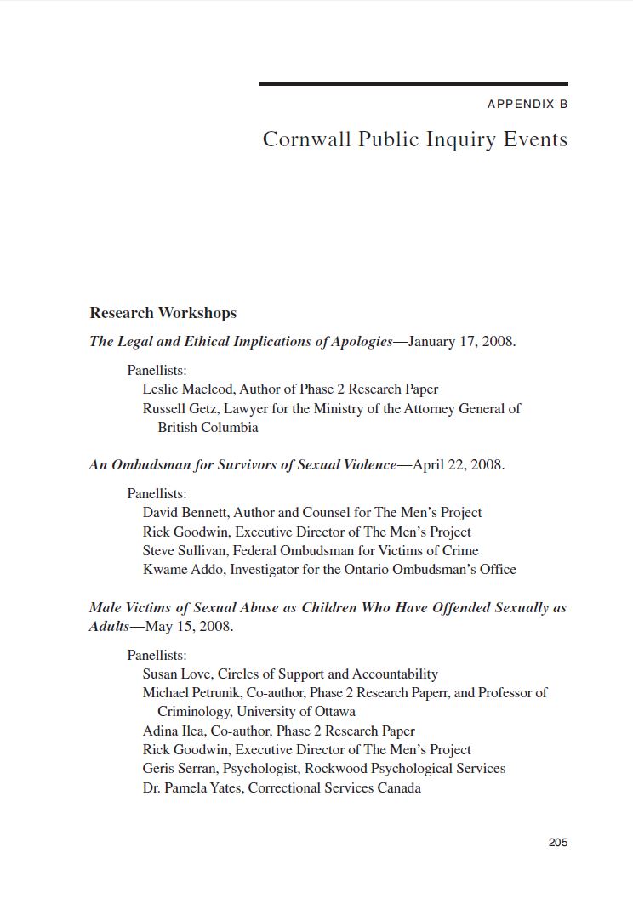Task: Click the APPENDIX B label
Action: pyautogui.click(x=527, y=105)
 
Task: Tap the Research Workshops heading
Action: pyautogui.click(x=163, y=313)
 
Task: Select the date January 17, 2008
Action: pyautogui.click(x=461, y=342)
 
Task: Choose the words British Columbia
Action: pyautogui.click(x=208, y=427)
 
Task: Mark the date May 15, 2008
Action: pyautogui.click(x=189, y=627)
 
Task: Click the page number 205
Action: pyautogui.click(x=557, y=842)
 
